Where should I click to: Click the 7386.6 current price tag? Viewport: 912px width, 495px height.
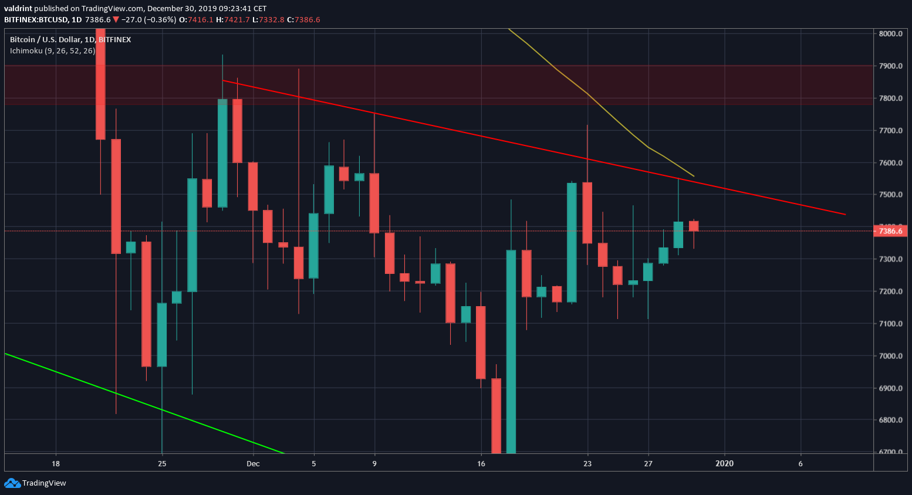[890, 231]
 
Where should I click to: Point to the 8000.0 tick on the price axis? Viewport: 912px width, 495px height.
[890, 33]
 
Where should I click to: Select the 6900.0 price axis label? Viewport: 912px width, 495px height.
[890, 388]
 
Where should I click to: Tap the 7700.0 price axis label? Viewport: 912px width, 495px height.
[890, 130]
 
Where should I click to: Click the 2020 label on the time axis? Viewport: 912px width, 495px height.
[724, 463]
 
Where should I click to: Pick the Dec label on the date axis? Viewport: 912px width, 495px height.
[253, 463]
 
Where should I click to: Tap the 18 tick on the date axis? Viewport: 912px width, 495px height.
[56, 463]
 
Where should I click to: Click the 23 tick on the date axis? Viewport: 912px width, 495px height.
[587, 463]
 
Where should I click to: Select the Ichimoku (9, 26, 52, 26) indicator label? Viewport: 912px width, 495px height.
[52, 51]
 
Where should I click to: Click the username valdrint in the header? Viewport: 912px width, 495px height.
[18, 8]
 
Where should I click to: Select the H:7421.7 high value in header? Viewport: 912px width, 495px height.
[233, 19]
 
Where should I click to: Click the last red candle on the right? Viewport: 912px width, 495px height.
[694, 226]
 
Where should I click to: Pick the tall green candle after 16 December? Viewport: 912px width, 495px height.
[511, 352]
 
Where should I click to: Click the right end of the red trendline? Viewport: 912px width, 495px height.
[845, 214]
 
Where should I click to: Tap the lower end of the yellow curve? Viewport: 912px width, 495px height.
[694, 176]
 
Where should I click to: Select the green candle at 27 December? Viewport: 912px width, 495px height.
[648, 272]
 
